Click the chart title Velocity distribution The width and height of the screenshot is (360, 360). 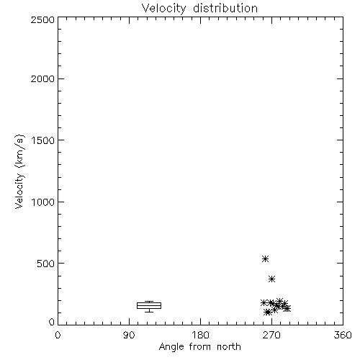tap(199, 9)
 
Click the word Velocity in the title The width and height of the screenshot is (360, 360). tap(163, 9)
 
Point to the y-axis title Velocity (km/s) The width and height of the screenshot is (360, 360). tap(19, 171)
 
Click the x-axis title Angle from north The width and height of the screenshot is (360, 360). tap(199, 347)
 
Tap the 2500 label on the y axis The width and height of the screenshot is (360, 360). tap(42, 19)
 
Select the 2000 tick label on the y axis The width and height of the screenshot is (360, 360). tap(42, 78)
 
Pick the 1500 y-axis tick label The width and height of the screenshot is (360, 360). tap(43, 140)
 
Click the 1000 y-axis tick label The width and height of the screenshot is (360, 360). tap(43, 202)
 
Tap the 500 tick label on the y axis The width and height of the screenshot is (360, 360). tap(46, 264)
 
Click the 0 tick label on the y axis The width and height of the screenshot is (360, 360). tap(52, 322)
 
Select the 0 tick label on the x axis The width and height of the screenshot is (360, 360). tap(58, 335)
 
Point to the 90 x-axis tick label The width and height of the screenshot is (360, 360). tap(129, 335)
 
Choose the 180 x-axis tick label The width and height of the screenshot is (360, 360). tap(200, 335)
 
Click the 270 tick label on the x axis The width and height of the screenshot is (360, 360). tap(271, 335)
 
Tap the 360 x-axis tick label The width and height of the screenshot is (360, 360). tap(343, 335)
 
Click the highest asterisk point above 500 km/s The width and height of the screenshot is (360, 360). tap(265, 258)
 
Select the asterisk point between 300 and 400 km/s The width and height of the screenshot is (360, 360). tap(271, 279)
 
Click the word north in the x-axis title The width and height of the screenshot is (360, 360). tap(229, 347)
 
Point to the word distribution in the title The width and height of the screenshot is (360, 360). tap(225, 9)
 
